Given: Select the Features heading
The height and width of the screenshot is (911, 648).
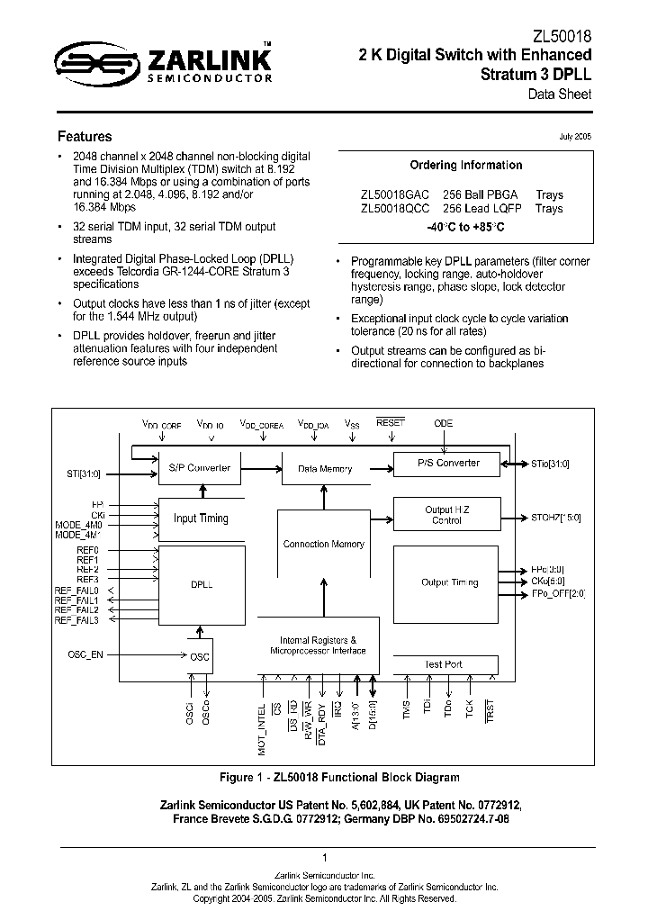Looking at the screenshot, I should (x=85, y=137).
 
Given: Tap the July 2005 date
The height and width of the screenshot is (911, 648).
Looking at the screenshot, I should (x=575, y=136).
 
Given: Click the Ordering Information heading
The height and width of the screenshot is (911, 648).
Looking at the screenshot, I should (x=465, y=166).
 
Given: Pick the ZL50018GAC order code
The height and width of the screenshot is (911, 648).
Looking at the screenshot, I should (x=395, y=194).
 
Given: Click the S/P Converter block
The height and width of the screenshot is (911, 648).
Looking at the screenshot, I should (x=200, y=468).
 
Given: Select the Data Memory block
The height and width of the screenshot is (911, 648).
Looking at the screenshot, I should (x=324, y=469).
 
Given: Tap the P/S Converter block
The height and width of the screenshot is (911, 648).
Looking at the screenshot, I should (x=448, y=464).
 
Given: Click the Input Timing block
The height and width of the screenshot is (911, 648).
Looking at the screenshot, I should (x=200, y=519).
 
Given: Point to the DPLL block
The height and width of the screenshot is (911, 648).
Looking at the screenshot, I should (x=200, y=584).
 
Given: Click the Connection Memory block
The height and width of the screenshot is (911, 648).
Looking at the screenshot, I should (x=323, y=545).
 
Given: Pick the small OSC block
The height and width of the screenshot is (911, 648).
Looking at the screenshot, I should (x=200, y=656).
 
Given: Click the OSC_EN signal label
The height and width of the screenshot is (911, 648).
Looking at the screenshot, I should (x=86, y=654).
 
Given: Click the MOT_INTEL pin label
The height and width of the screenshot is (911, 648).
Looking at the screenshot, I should (x=262, y=730).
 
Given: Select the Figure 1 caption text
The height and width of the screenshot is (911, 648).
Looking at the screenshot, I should (x=340, y=777).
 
